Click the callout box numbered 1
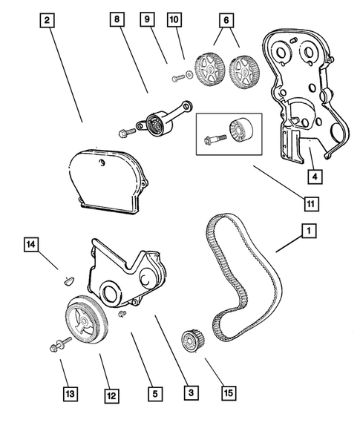click(305, 231)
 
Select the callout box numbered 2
click(47, 22)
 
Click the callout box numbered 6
click(225, 22)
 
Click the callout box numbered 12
click(111, 395)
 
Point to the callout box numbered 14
click(30, 243)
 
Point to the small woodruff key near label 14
click(64, 280)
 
